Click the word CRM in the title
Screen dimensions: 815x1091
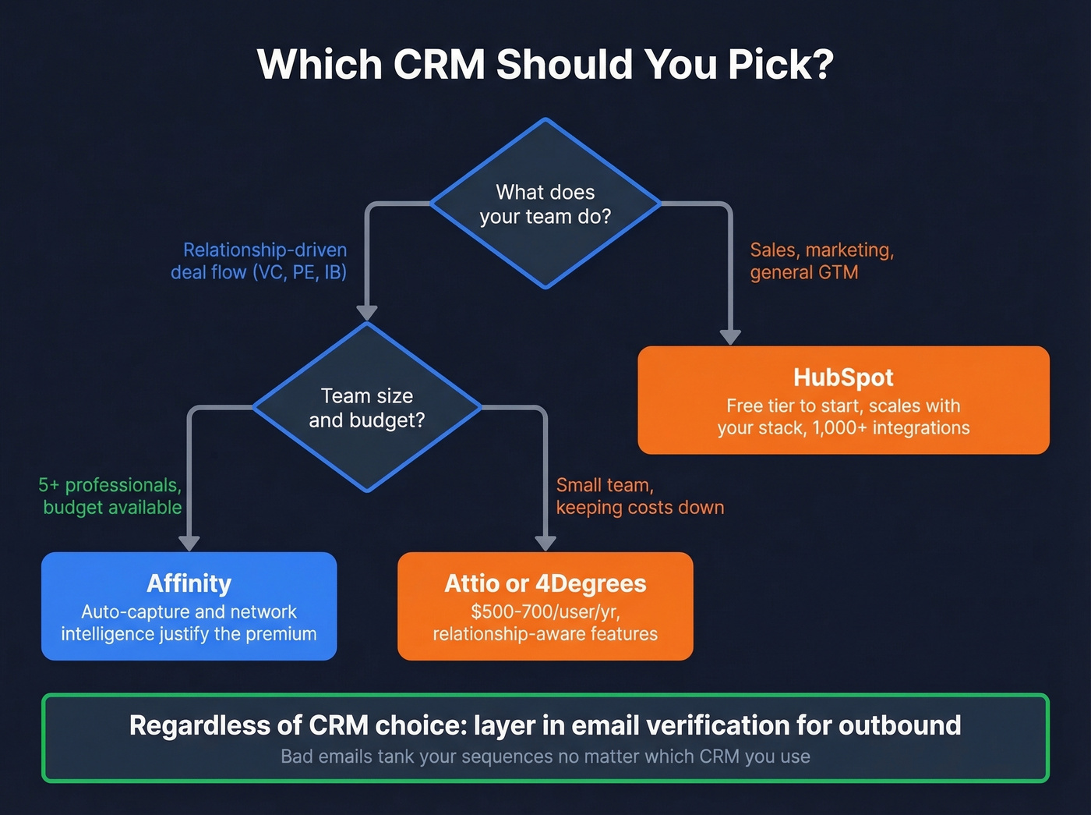[x=439, y=64]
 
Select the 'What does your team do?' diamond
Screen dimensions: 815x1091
[x=545, y=204]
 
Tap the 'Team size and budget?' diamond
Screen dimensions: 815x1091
[x=367, y=408]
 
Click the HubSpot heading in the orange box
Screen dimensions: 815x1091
[x=843, y=377]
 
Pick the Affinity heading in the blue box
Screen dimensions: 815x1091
[x=189, y=583]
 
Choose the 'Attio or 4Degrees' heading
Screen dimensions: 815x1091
[x=545, y=583]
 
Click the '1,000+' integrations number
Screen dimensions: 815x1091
[x=839, y=428]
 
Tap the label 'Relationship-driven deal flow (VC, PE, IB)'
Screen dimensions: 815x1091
[x=260, y=260]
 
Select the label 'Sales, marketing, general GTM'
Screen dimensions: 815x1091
[x=821, y=260]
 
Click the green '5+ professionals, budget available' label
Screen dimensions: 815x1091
[x=111, y=496]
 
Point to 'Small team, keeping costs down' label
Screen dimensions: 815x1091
[x=640, y=496]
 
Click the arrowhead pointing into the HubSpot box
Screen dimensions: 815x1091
[x=730, y=336]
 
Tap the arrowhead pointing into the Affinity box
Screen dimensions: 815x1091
[x=189, y=543]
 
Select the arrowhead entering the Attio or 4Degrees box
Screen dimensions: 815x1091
[x=545, y=543]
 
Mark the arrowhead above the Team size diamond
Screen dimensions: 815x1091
[x=367, y=312]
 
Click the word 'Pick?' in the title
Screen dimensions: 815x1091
[x=781, y=64]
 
